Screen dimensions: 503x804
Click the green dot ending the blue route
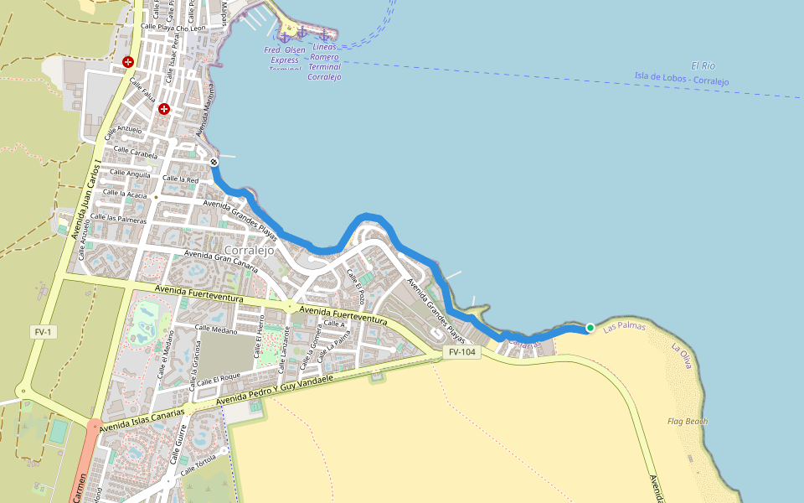[590, 328]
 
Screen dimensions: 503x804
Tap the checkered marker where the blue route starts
[214, 162]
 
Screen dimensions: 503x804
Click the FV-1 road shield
[43, 332]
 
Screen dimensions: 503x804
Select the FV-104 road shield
[461, 352]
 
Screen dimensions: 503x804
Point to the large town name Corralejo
[250, 250]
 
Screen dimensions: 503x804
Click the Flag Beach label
[688, 421]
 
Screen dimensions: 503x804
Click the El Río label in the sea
[703, 65]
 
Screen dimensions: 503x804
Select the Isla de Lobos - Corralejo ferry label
[681, 80]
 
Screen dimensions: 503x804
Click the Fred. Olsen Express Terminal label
[285, 60]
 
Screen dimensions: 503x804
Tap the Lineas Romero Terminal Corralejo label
[324, 62]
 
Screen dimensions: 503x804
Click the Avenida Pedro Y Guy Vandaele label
[274, 390]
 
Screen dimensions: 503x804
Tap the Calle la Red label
[180, 179]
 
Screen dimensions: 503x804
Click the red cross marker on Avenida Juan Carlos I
[128, 62]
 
